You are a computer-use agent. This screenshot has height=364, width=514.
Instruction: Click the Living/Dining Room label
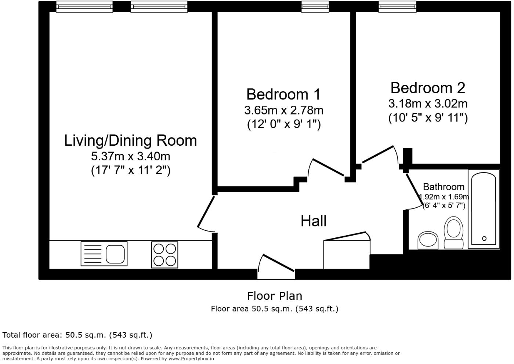(130, 141)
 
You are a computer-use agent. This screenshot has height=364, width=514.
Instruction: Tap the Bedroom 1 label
(283, 94)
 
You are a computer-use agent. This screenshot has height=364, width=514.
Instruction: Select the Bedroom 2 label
(428, 88)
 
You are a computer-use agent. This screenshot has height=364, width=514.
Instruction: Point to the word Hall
(313, 221)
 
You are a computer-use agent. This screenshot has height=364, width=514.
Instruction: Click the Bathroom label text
(444, 187)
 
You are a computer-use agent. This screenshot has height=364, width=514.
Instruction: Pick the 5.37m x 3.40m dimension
(130, 156)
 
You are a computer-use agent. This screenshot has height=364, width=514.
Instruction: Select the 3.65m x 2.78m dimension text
(283, 110)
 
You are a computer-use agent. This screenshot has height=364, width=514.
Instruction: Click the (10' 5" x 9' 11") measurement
(428, 118)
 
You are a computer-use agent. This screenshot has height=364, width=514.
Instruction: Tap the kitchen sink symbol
(104, 254)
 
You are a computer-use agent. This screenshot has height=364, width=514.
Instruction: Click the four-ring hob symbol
(165, 255)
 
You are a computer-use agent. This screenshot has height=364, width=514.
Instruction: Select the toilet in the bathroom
(453, 233)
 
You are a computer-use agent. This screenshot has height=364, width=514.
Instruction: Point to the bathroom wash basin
(428, 240)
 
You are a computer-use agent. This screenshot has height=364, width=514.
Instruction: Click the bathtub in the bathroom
(484, 209)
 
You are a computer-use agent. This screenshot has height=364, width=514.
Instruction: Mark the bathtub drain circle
(484, 239)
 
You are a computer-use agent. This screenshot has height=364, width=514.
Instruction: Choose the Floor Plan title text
(274, 296)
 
